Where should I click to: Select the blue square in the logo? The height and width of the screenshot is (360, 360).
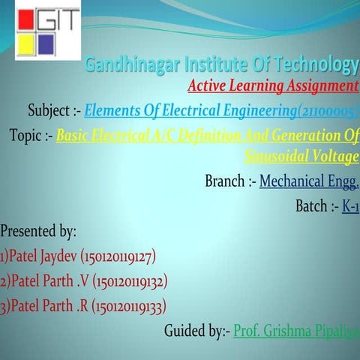[46, 43]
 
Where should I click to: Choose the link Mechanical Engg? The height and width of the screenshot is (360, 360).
[309, 181]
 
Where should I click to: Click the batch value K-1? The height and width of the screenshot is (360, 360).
[350, 205]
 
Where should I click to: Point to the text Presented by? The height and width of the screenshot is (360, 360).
[38, 231]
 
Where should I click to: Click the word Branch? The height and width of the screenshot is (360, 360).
[224, 181]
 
